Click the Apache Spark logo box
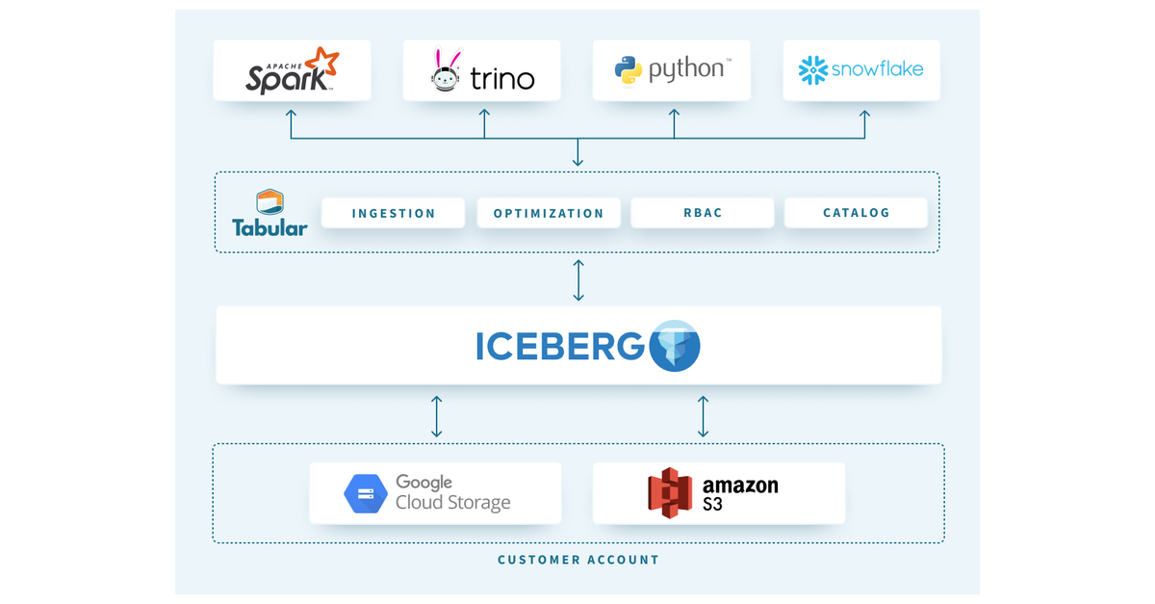(x=292, y=70)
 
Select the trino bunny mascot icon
(x=445, y=70)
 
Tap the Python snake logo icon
(x=629, y=70)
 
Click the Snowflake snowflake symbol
(x=813, y=69)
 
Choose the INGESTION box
(x=393, y=213)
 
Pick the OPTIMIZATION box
(x=549, y=213)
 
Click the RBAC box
(x=702, y=213)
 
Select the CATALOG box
(x=856, y=213)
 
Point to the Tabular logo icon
(x=269, y=203)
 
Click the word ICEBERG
(x=559, y=347)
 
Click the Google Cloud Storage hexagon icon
(x=366, y=493)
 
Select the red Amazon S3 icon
(x=670, y=492)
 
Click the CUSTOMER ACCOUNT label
(x=577, y=560)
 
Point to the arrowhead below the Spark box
(x=292, y=114)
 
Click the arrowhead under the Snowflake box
(x=864, y=114)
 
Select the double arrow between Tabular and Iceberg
(x=577, y=279)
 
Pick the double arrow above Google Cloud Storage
(x=437, y=415)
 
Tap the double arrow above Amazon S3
(x=703, y=415)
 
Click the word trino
(x=501, y=78)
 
